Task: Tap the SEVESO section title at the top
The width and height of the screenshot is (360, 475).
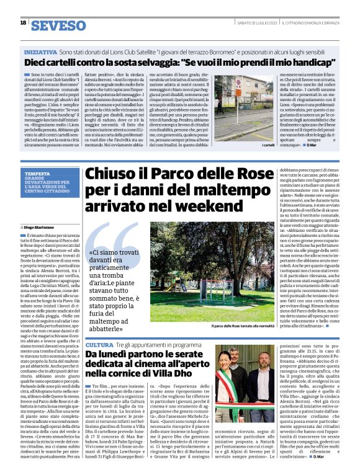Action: pos(58,25)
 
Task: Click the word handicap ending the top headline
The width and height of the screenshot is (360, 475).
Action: pos(273,63)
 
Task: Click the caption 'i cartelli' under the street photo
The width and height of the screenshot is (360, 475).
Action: pos(251,144)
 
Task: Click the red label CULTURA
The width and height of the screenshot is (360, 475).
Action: pos(99,345)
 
